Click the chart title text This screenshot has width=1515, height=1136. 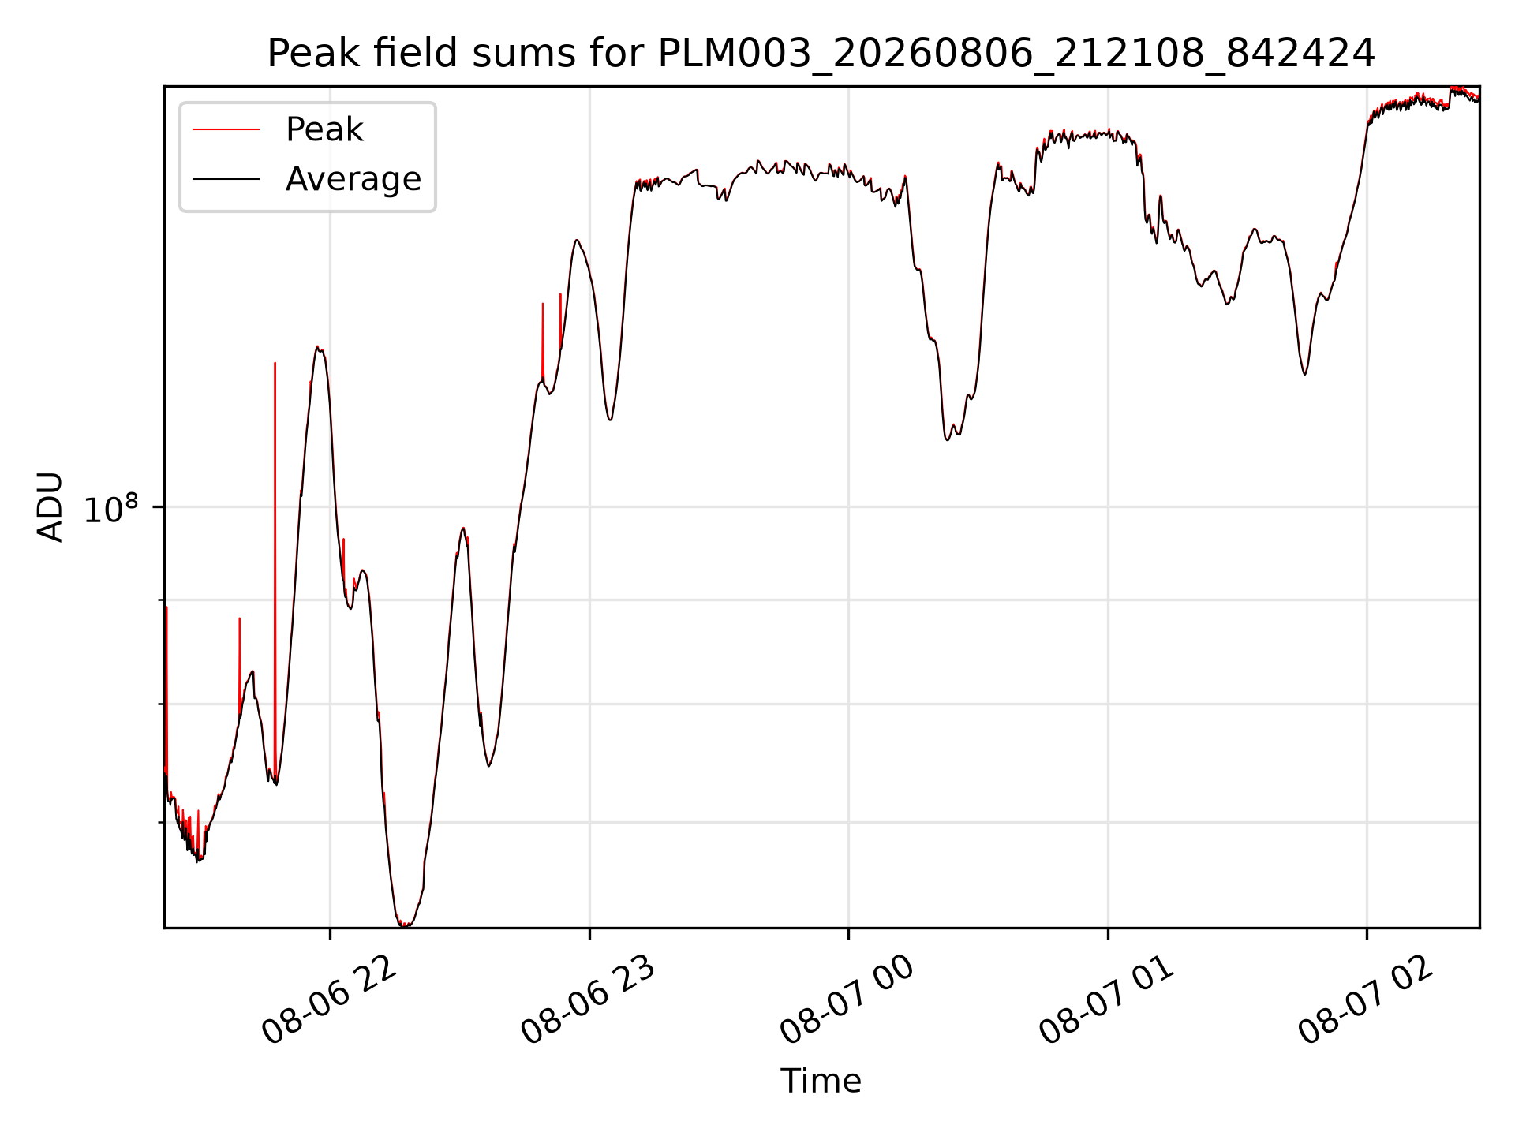821,54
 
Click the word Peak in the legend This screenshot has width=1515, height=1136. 324,129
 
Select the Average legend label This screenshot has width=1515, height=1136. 353,179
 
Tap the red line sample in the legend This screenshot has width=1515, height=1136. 226,129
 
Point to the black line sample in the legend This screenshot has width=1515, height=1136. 226,179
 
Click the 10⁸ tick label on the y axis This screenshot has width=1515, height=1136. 111,509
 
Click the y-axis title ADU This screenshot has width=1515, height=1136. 50,506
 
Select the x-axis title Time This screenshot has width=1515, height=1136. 821,1081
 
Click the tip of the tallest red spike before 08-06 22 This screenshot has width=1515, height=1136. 275,363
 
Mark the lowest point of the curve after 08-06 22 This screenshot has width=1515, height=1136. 405,925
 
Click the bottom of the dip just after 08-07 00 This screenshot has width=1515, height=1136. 948,439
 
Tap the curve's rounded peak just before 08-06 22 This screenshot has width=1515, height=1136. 317,346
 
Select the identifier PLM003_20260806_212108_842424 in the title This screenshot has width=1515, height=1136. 1016,54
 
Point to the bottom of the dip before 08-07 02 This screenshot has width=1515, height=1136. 1304,374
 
